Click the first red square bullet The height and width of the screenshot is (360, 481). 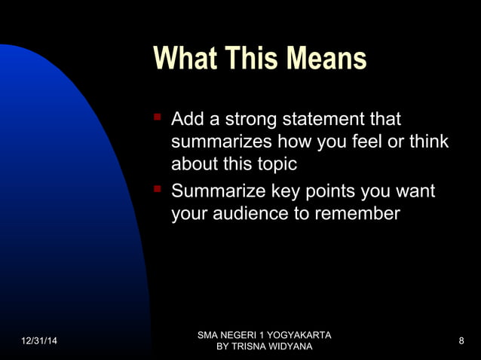158,117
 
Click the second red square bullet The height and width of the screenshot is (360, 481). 158,190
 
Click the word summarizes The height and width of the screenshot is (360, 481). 221,142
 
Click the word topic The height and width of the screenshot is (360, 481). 273,164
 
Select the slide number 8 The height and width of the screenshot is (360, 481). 461,341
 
